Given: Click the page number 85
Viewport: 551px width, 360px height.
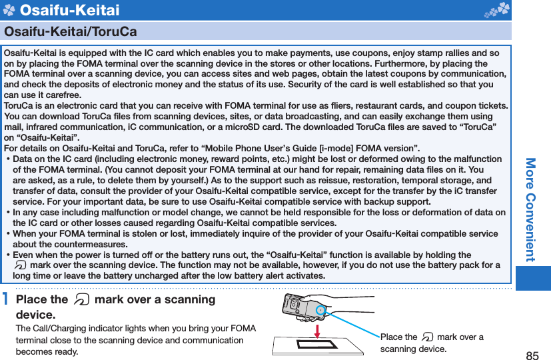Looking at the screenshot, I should (532, 355).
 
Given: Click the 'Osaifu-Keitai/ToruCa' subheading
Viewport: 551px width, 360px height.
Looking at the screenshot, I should (71, 31).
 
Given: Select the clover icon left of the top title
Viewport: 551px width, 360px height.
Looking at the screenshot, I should (9, 10).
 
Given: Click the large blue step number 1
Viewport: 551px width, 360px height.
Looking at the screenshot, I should (6, 300).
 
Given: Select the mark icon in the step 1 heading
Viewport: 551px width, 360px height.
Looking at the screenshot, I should (81, 300).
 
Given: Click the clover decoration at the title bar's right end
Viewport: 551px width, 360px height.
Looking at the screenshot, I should (500, 9).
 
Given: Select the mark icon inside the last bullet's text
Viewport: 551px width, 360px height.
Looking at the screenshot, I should (19, 265).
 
